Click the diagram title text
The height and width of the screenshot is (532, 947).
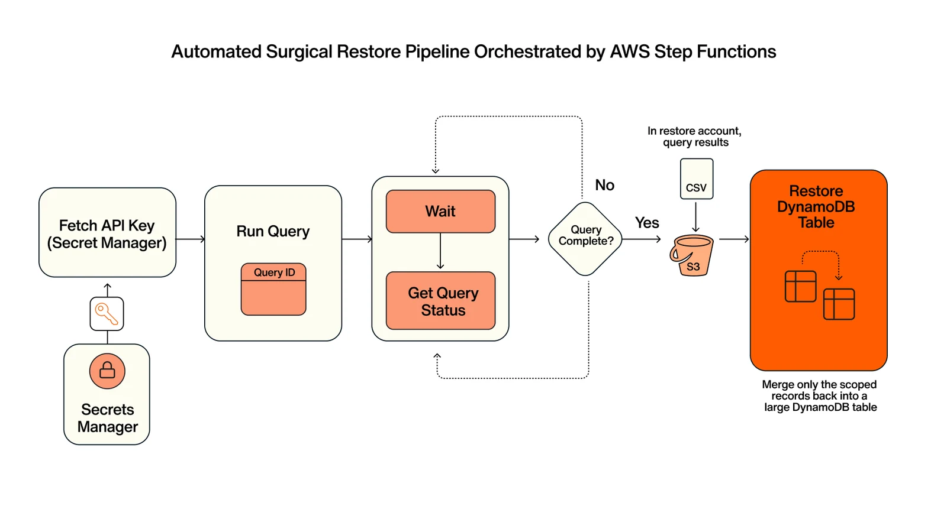474,52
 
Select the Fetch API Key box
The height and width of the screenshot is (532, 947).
107,232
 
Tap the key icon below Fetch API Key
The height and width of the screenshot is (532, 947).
107,314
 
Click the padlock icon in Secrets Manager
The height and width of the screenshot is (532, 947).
107,371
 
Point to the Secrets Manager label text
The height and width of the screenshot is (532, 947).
107,418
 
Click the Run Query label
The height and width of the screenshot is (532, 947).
273,231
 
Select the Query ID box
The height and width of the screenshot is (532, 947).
273,289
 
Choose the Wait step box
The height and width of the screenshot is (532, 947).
440,211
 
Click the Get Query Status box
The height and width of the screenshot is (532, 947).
440,301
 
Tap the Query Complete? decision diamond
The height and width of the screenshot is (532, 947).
585,239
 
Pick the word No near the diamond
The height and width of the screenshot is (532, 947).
604,185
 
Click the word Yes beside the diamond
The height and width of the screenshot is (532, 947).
647,222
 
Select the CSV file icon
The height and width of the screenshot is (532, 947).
696,179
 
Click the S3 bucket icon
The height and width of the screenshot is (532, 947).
692,255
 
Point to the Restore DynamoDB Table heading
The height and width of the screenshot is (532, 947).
816,206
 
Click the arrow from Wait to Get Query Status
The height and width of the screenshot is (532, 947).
440,251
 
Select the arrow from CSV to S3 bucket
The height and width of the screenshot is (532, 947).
695,217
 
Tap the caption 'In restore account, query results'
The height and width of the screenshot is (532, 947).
695,137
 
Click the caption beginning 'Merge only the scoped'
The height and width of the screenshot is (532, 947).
820,395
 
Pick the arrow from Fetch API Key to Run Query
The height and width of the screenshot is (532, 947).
191,239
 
